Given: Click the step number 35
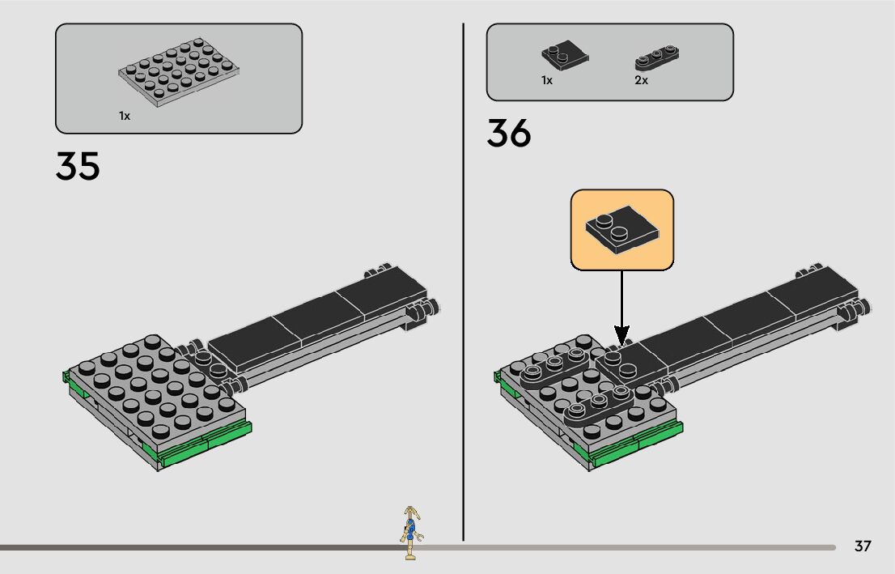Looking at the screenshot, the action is (x=78, y=166).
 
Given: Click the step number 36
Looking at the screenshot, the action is (x=508, y=134).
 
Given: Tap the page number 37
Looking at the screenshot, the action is (x=863, y=546).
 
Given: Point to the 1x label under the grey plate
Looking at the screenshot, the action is (x=125, y=117).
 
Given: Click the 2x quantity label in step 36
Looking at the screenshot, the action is (x=641, y=81).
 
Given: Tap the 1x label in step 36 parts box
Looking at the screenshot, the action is (x=547, y=81).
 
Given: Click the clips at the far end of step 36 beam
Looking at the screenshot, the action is (x=854, y=308).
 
